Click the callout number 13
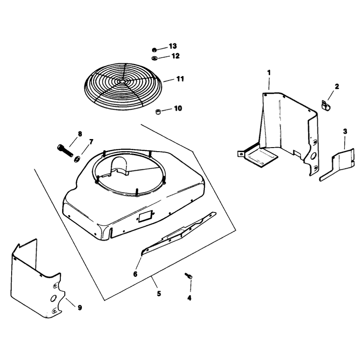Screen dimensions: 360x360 (x=173, y=46)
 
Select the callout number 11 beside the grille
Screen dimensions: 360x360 (x=180, y=79)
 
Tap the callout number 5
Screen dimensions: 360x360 (x=159, y=294)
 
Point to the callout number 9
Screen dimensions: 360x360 (x=80, y=307)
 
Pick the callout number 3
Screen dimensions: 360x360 (x=345, y=131)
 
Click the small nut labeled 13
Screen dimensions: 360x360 (x=154, y=50)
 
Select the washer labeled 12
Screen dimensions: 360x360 (x=154, y=58)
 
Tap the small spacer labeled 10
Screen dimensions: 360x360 (x=158, y=112)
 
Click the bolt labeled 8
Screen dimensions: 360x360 (x=65, y=150)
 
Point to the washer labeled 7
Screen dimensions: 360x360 (x=77, y=159)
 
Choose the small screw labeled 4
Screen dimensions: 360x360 (x=188, y=276)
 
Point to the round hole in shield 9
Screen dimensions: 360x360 (x=53, y=298)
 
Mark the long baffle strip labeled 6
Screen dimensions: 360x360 (x=178, y=233)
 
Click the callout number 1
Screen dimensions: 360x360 (x=269, y=73)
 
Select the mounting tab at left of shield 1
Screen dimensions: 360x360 (x=241, y=153)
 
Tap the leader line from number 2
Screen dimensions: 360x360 (x=331, y=95)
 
